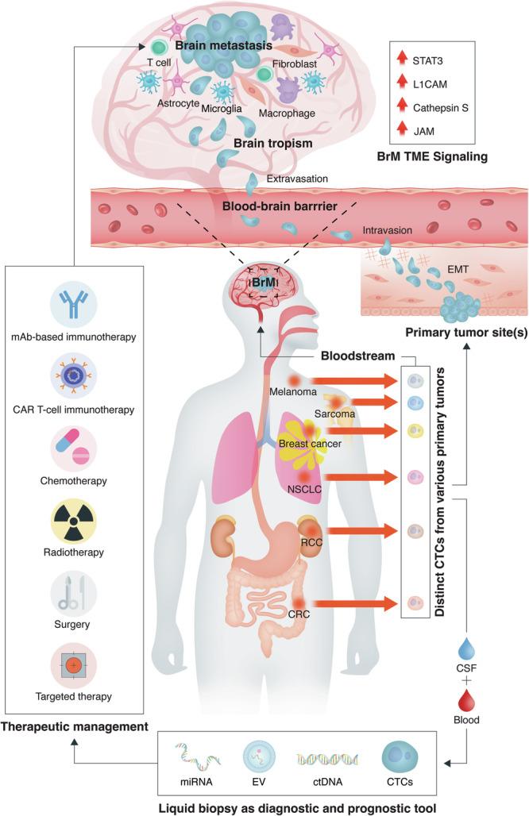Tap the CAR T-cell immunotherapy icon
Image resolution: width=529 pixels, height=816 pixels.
click(x=73, y=375)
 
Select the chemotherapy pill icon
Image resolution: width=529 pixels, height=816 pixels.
click(x=73, y=444)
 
